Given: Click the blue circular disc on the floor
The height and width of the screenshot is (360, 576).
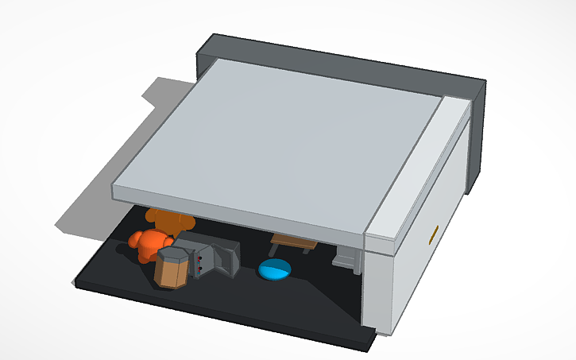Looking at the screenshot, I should coord(275,270).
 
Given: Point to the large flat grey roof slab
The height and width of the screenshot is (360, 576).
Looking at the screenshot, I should coord(270,135).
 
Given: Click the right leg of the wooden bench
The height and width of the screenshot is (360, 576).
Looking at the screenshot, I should coord(308,250).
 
